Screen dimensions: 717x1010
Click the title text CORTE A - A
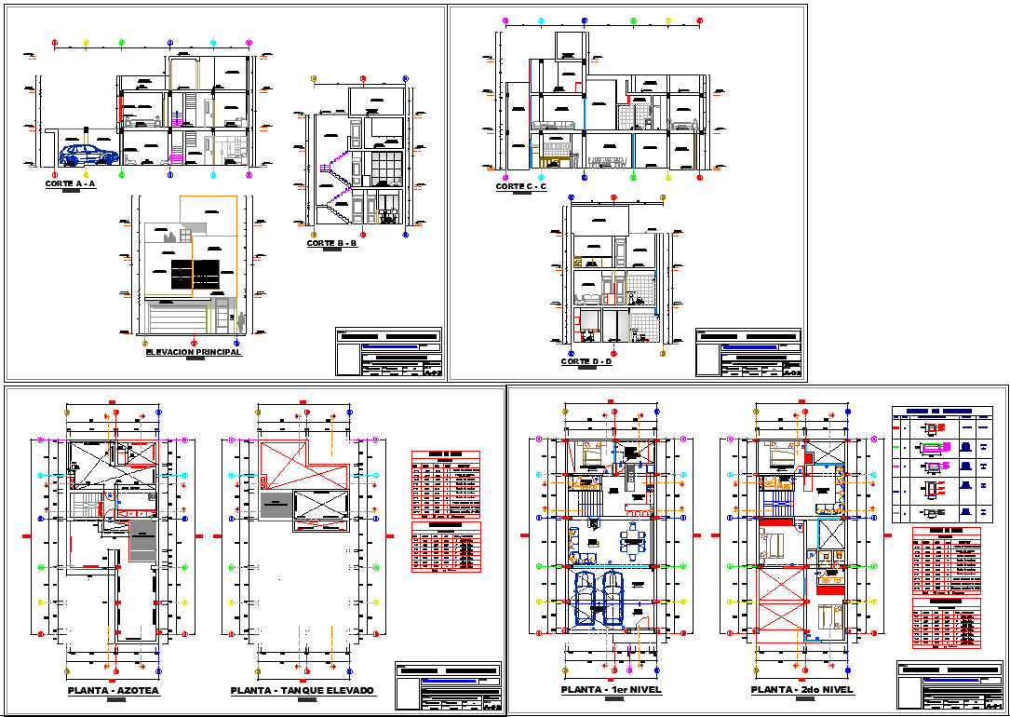(70, 184)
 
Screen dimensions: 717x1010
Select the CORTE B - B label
(332, 243)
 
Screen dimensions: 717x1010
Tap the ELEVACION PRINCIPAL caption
(194, 352)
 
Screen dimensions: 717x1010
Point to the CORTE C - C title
(521, 186)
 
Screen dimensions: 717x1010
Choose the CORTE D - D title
(586, 361)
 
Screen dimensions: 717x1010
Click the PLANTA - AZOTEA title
(114, 691)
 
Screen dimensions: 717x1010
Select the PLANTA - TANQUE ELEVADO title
(303, 691)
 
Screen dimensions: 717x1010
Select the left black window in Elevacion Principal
(182, 276)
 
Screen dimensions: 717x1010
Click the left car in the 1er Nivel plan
(586, 598)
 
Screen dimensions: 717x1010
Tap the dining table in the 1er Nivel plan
(634, 542)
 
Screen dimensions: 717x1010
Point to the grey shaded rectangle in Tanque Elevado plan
(274, 506)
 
